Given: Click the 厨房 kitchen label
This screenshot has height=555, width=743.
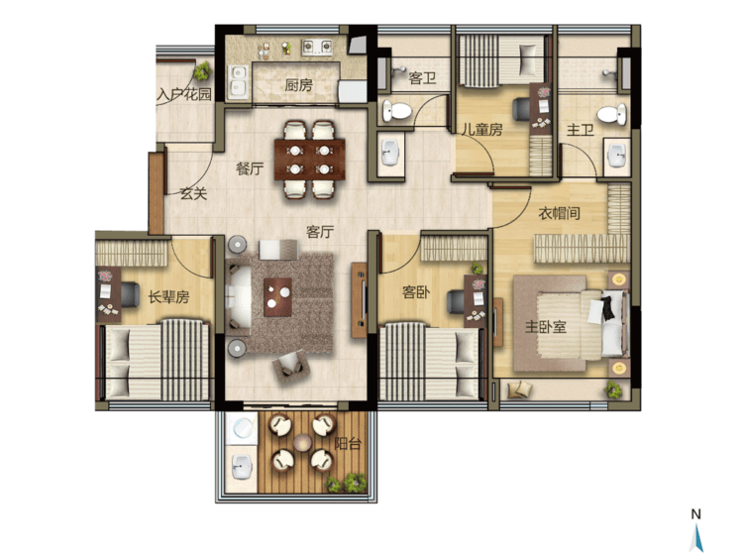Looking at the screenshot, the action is click(x=298, y=85).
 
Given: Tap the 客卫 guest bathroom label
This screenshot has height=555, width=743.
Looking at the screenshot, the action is click(x=422, y=77).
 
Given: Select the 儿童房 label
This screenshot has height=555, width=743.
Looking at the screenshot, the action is click(x=481, y=130).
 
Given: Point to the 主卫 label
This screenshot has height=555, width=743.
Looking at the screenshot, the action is click(x=581, y=130).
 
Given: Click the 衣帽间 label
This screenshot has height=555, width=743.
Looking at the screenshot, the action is click(x=559, y=213).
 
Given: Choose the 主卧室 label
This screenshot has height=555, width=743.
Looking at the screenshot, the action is click(x=546, y=326).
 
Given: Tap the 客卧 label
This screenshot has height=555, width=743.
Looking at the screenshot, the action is click(x=416, y=292).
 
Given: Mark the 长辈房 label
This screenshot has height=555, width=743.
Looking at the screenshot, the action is click(x=168, y=297).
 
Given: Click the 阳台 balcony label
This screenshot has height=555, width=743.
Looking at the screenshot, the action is click(x=348, y=444).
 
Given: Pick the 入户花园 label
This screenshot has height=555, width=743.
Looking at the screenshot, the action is click(x=184, y=95).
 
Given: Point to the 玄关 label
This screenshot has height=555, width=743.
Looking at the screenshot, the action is click(x=193, y=193).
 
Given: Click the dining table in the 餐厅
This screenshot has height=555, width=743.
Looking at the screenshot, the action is click(x=310, y=160).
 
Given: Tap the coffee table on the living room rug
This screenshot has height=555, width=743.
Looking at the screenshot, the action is click(x=277, y=297).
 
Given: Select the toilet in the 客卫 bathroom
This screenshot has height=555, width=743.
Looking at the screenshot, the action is click(x=396, y=111).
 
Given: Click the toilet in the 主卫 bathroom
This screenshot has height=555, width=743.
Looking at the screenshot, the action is click(x=612, y=115).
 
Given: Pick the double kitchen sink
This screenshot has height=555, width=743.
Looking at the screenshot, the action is click(x=237, y=82).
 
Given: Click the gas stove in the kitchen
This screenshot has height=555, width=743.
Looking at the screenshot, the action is click(x=317, y=47).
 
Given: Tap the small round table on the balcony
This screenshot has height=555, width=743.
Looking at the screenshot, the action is click(x=301, y=443).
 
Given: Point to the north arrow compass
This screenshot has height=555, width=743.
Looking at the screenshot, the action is click(x=696, y=530).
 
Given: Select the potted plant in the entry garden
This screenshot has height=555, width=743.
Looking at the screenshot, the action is click(x=203, y=70).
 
